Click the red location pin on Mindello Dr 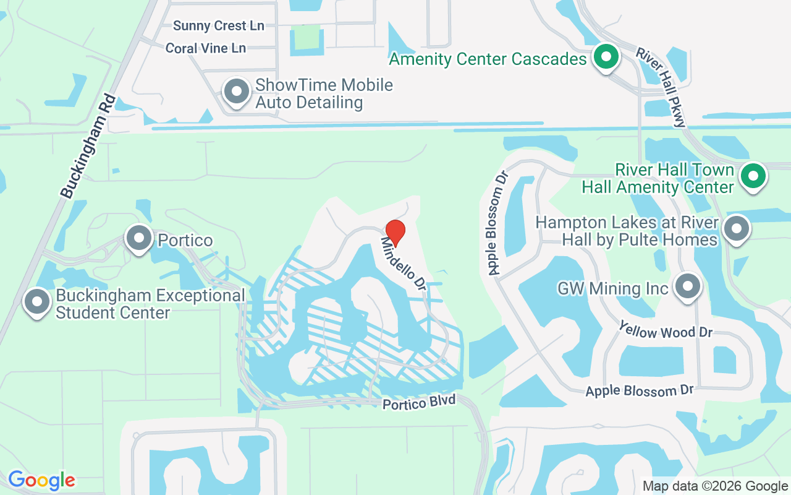point(395,233)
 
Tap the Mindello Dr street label point(404,265)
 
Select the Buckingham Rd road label point(88,147)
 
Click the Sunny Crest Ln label point(219,26)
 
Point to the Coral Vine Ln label point(206,48)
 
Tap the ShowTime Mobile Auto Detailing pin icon point(235,92)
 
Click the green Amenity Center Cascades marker point(606,58)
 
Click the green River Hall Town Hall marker point(753,176)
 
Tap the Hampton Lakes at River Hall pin point(736,230)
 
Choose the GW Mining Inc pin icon point(687,286)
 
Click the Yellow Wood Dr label point(666,332)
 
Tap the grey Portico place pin point(139,238)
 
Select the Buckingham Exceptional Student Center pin point(37,302)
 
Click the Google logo point(41,480)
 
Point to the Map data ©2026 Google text point(715,486)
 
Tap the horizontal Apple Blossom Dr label point(640,391)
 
